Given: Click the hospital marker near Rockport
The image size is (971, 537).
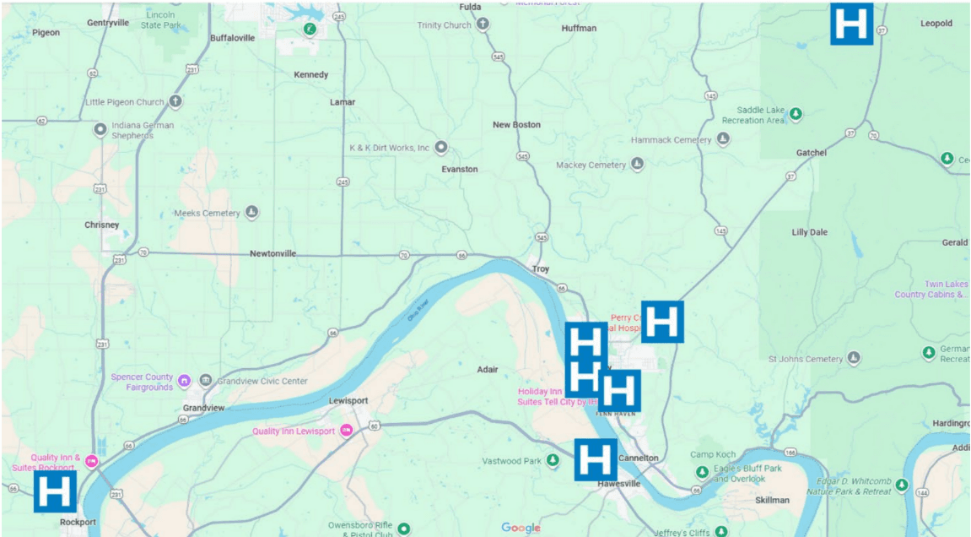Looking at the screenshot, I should (x=55, y=491).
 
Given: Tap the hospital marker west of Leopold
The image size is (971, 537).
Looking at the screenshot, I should (x=851, y=24).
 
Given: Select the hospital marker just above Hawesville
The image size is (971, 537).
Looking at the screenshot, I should (x=596, y=460).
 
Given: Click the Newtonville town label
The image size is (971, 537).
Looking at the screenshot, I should (x=272, y=253).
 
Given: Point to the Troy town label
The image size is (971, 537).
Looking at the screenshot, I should (x=541, y=269).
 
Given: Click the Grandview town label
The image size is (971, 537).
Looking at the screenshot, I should (x=204, y=408).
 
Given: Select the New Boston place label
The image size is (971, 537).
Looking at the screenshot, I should (x=516, y=125).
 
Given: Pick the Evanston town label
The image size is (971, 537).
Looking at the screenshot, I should (x=460, y=169).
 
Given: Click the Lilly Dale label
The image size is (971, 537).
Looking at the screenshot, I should (x=809, y=232).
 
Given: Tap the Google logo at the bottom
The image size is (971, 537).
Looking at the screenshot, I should (x=521, y=528).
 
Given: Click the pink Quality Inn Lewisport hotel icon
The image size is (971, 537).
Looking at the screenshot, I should (x=346, y=431).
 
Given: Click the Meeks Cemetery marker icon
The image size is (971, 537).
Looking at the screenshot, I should (x=251, y=213).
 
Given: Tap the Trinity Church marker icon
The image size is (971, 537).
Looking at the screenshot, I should (x=483, y=24).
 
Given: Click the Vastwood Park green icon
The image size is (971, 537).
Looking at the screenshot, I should (x=553, y=460).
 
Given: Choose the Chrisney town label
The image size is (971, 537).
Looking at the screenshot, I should (x=102, y=225).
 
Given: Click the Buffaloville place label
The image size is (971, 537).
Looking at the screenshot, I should (x=232, y=38).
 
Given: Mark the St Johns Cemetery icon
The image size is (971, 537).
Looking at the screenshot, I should (x=855, y=359).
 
